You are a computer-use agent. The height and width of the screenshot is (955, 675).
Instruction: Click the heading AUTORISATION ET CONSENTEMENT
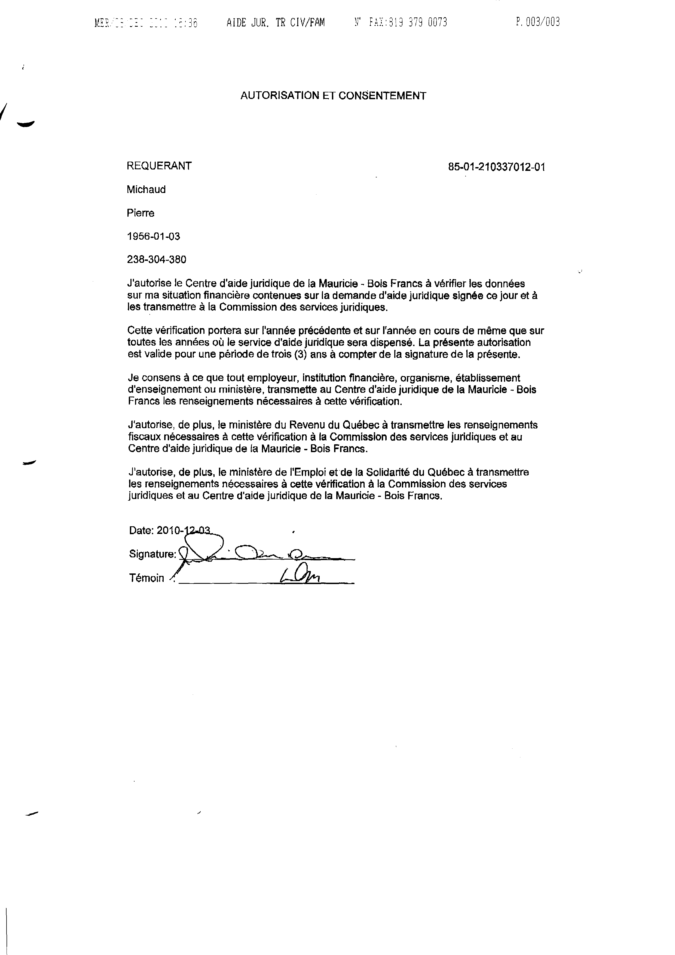click(x=333, y=96)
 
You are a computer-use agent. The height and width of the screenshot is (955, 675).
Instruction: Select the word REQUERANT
click(x=159, y=166)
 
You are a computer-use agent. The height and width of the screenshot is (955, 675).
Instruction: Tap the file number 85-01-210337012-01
click(x=497, y=167)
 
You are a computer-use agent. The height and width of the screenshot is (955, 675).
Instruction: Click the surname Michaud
click(x=146, y=190)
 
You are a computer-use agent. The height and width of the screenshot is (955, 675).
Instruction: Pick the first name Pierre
click(x=141, y=213)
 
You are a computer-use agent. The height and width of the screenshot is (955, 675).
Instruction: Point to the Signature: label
click(x=152, y=554)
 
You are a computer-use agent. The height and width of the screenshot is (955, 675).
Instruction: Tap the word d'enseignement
click(x=159, y=390)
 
